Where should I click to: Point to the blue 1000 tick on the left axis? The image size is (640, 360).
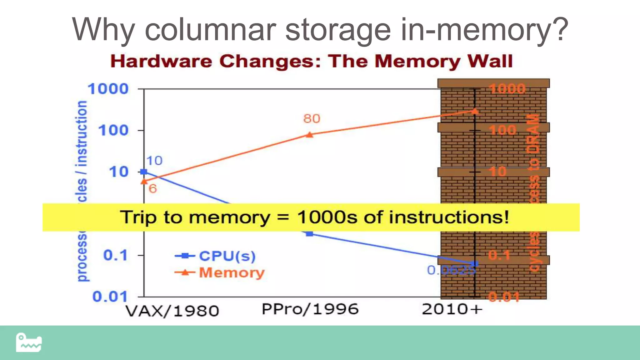click(108, 89)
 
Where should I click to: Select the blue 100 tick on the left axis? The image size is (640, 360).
click(113, 130)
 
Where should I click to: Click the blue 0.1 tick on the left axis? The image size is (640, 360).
click(115, 255)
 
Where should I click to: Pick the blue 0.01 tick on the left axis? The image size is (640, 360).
click(110, 296)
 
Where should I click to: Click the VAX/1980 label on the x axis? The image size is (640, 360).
click(172, 311)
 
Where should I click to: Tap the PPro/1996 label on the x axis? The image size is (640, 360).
click(310, 309)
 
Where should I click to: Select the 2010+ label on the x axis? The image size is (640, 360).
click(452, 309)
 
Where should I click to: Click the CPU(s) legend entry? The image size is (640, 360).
click(227, 256)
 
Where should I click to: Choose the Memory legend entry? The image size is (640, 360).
click(232, 272)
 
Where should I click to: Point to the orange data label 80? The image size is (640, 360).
click(312, 119)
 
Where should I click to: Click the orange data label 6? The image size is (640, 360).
click(152, 189)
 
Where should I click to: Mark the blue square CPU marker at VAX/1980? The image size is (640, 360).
click(144, 172)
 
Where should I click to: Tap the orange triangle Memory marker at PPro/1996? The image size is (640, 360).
click(309, 135)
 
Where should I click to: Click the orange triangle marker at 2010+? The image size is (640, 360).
click(475, 111)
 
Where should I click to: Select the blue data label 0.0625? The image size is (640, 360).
click(451, 270)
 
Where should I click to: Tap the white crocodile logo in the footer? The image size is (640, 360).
click(29, 342)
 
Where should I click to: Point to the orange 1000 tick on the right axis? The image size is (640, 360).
click(507, 89)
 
